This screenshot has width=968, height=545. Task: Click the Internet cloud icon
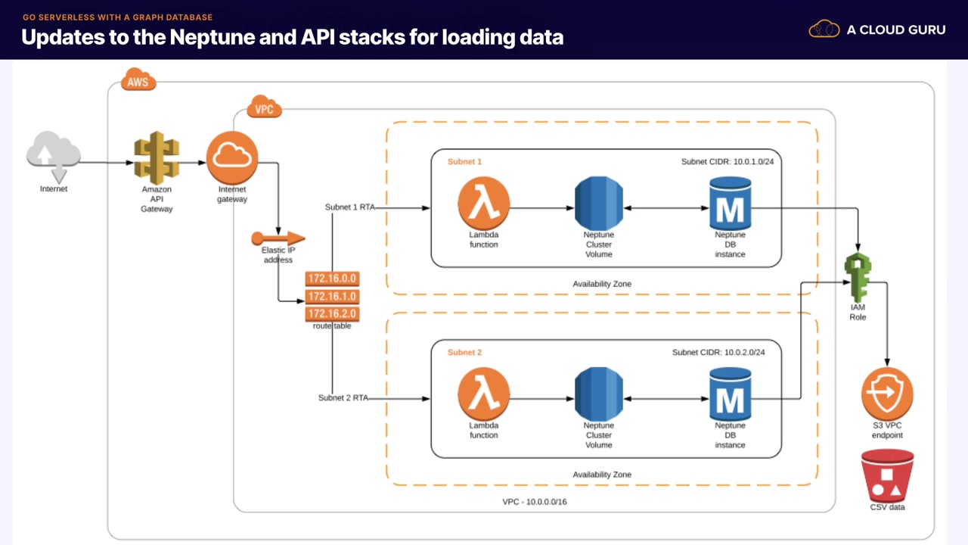53,154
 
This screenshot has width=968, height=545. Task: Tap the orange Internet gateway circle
232,157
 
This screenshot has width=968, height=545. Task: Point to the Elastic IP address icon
278,238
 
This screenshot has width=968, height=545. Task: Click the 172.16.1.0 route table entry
331,296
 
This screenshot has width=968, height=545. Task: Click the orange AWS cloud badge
138,81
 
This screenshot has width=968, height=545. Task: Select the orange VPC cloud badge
264,108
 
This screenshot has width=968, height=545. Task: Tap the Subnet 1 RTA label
349,207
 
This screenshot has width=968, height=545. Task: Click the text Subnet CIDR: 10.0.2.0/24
722,353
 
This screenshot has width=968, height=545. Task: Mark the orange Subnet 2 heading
464,353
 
